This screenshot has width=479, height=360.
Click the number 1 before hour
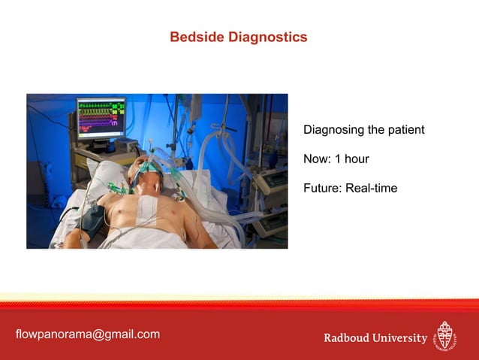[338, 159]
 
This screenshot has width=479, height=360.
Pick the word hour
[356, 159]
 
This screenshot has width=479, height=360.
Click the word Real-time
[371, 188]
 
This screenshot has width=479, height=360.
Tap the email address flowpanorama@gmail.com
[88, 334]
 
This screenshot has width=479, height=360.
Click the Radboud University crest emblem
[446, 337]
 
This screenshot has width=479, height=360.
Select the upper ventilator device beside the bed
[271, 181]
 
